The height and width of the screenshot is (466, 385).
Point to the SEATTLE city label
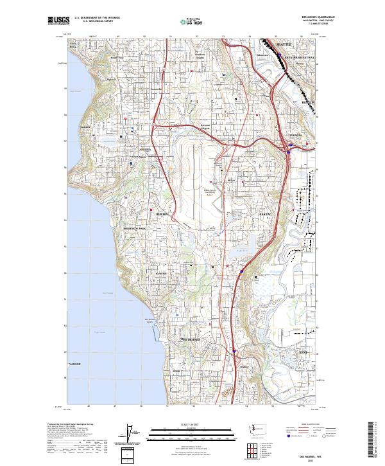pyautogui.click(x=283, y=44)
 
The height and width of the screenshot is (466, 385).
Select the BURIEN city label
pyautogui.click(x=162, y=212)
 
